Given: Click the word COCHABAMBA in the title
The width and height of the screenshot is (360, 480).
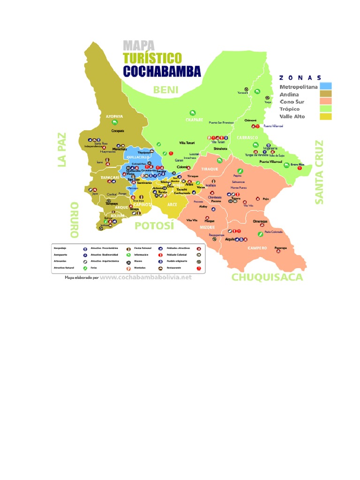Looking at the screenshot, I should point(162,71).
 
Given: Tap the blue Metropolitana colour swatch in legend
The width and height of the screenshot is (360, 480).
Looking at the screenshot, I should point(326,86).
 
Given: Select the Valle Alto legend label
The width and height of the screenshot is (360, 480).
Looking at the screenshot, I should point(292,116).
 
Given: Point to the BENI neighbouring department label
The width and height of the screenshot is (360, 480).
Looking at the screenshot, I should point(165,90).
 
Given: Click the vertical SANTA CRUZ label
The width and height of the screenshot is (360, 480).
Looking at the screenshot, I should point(319,172).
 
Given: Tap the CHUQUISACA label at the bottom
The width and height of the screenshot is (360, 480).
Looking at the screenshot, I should point(267,277).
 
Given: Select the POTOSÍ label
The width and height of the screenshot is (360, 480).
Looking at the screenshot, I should point(154,226).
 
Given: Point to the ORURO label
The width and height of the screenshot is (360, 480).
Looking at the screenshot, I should point(74,219).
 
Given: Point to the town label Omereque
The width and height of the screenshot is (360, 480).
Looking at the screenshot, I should point(260,221).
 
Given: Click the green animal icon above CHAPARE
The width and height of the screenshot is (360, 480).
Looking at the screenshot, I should point(193,112).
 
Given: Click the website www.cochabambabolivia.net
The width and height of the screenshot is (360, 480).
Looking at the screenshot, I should point(146,277).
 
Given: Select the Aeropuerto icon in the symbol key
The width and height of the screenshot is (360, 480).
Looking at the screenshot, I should point(85,255).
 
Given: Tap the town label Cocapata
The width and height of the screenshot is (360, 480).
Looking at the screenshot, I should point(118,131).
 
